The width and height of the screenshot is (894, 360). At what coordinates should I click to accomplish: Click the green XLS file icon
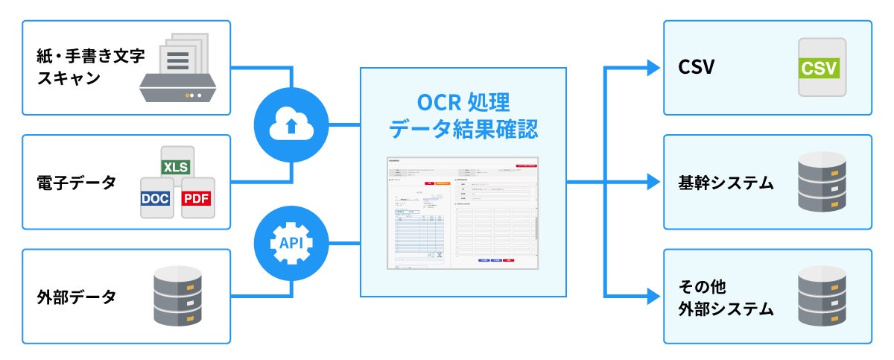click(x=177, y=166)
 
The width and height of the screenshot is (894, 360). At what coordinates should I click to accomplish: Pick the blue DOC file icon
click(x=156, y=198)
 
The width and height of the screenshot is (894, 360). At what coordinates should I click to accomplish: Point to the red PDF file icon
click(x=197, y=198)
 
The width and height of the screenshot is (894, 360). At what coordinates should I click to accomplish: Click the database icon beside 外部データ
click(x=177, y=296)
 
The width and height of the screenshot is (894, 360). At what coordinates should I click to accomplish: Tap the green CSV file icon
click(x=819, y=69)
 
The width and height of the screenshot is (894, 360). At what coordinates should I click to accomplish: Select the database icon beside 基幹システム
click(x=822, y=182)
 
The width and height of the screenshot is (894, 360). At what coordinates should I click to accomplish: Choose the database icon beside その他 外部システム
click(x=822, y=296)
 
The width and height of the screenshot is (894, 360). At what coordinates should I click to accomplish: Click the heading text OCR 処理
click(x=463, y=102)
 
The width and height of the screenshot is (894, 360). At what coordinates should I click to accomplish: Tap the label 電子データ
click(x=76, y=182)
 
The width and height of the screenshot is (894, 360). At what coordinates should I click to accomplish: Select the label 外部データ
click(x=76, y=297)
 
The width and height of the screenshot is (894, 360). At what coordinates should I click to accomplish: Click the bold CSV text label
click(x=697, y=69)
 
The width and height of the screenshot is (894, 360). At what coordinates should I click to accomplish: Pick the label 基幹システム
click(x=726, y=182)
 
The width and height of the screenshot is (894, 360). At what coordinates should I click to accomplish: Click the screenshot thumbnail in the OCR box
click(x=463, y=213)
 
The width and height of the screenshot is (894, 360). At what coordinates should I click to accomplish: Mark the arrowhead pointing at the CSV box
click(x=653, y=69)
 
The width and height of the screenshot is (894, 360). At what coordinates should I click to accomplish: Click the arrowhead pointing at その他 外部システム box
click(x=653, y=297)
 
